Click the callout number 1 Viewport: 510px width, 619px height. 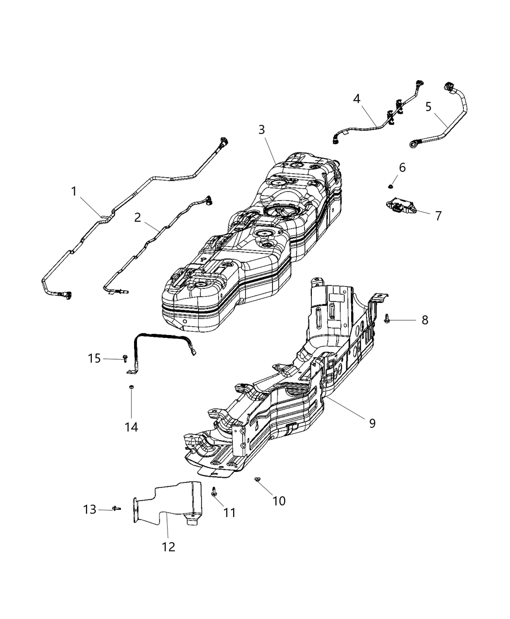tap(74, 192)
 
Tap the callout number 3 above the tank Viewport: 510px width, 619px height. tap(261, 130)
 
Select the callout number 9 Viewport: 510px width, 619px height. tap(372, 423)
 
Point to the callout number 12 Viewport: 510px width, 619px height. tap(169, 547)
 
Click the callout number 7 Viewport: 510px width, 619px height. tap(438, 216)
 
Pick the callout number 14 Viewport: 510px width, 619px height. tap(131, 427)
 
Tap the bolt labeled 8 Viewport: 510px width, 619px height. tap(387, 319)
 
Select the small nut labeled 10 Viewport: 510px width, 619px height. tap(257, 480)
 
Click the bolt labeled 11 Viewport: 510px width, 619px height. tap(214, 491)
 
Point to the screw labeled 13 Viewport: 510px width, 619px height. tap(116, 508)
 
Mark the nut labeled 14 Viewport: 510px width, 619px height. tap(131, 387)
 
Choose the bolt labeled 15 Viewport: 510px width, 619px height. tap(125, 358)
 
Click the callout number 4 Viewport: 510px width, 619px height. tap(357, 99)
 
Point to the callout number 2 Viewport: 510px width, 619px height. tap(137, 217)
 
